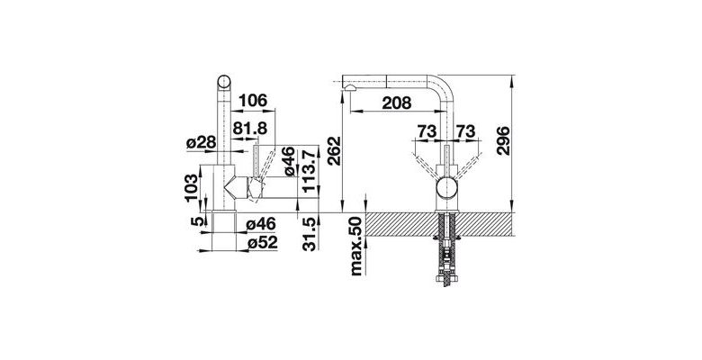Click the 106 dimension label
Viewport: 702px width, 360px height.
(253, 101)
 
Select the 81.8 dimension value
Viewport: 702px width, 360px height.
(250, 129)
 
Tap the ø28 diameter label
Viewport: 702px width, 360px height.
(201, 143)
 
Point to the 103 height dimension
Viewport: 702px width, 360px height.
(191, 188)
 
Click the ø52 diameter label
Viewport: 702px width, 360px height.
(263, 242)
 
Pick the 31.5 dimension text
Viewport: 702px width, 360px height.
(310, 235)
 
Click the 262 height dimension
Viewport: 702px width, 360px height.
(334, 151)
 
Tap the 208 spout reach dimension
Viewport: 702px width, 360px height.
(396, 103)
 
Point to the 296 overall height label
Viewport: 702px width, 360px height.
(503, 140)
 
